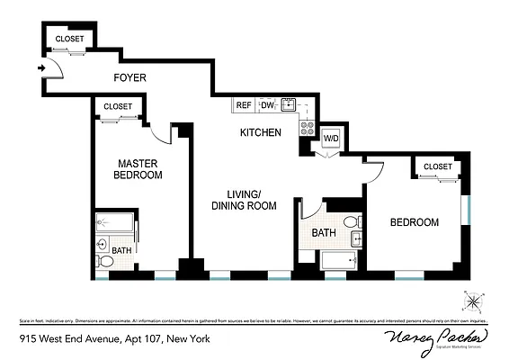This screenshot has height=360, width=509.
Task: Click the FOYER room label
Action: click(129, 78)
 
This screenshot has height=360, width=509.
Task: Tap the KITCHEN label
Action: click(261, 133)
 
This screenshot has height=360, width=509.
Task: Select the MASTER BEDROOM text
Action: click(139, 169)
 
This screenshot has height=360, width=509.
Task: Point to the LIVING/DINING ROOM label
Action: click(243, 200)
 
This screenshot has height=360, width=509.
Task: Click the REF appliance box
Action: click(244, 105)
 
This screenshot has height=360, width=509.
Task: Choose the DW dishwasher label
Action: click(267, 105)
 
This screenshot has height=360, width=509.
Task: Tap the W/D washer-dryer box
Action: click(331, 139)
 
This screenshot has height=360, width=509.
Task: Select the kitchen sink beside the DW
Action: click(289, 104)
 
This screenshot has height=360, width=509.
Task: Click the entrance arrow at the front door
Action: click(42, 67)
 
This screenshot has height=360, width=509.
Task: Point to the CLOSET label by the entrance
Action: click(69, 39)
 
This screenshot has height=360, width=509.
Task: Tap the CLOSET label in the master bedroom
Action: click(118, 106)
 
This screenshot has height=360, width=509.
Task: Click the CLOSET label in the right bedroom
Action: click(438, 166)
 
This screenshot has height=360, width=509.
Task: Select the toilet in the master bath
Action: click(104, 261)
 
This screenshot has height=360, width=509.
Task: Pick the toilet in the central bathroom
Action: click(351, 221)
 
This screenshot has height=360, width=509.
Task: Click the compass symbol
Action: click(474, 300)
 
